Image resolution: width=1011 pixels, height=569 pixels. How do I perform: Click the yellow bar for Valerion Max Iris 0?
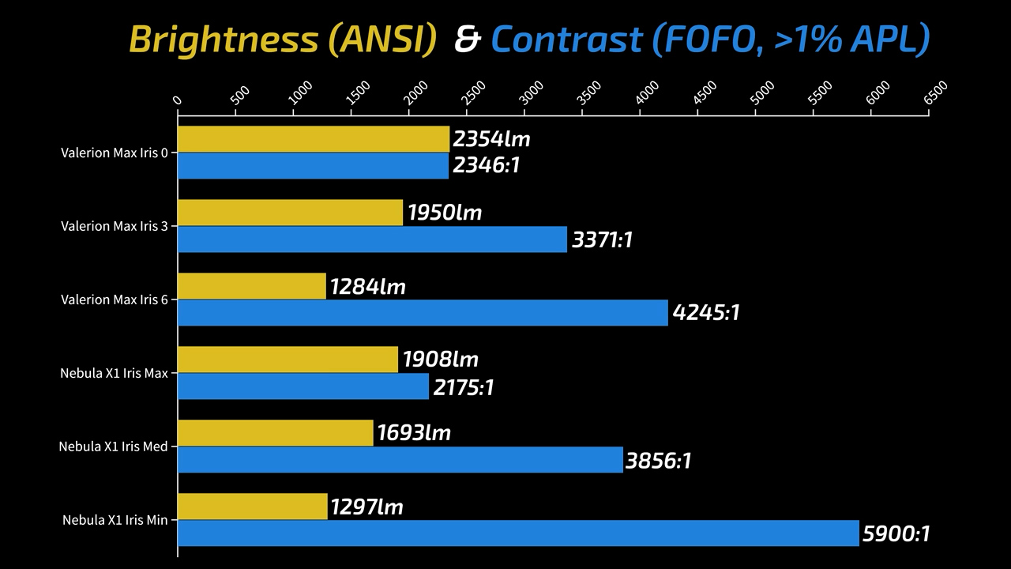coord(314,139)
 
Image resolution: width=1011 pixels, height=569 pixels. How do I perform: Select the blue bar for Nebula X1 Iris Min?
coord(518,533)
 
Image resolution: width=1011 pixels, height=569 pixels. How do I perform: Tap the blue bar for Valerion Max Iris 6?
coord(423,312)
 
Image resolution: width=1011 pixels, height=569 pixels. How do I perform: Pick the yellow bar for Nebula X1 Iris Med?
coord(276,433)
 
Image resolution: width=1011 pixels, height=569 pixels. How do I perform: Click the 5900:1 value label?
coord(896,534)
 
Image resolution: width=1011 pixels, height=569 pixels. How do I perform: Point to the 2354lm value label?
coord(491,140)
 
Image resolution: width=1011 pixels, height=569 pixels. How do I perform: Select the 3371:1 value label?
coord(602,239)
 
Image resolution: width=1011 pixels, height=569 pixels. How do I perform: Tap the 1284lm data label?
coord(368,287)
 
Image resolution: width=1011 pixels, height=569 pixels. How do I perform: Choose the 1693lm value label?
coord(414,433)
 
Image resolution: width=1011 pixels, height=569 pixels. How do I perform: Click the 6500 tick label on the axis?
coord(935,92)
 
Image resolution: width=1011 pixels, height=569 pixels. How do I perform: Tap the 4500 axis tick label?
coord(705,92)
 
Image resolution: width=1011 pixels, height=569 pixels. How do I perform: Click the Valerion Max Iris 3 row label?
coord(115,226)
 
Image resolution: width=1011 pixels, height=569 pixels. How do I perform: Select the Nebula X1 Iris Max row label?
coord(114,373)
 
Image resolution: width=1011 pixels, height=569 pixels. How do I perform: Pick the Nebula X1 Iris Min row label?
coord(115,520)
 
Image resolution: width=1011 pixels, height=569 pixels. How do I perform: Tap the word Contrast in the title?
coord(566,40)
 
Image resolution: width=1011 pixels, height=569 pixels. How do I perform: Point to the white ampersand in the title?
coord(467,40)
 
